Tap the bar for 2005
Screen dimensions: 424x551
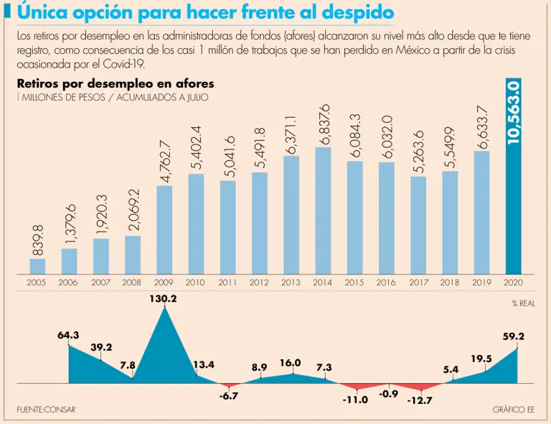(37, 266)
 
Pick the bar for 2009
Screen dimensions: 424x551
(164, 230)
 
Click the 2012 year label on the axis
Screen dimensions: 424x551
(259, 283)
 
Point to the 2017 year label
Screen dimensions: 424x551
(418, 283)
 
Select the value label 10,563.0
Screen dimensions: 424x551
(513, 112)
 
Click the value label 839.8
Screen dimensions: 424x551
(38, 240)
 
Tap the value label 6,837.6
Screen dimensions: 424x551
(324, 123)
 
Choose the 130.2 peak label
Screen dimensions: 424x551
(164, 298)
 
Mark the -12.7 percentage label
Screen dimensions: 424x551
(419, 400)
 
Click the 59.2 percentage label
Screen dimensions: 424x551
(512, 336)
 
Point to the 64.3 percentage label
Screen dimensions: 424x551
(68, 335)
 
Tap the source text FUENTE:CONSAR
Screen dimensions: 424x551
(46, 410)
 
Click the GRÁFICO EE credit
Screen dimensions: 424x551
(514, 410)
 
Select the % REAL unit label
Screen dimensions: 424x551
(523, 303)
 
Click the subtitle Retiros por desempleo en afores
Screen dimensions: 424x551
(115, 84)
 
